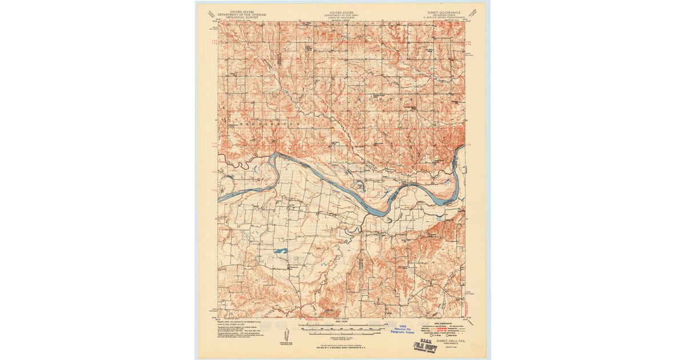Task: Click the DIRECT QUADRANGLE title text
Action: (445, 11)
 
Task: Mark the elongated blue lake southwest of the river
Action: (280, 251)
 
